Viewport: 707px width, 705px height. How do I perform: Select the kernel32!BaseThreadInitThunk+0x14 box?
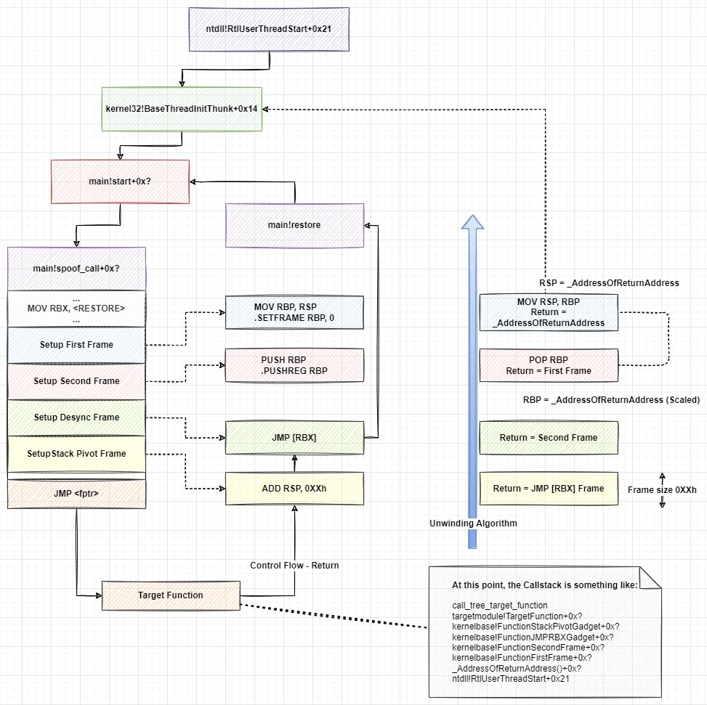[x=182, y=110]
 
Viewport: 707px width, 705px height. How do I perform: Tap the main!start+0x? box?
[x=120, y=182]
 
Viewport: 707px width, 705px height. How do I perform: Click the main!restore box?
[x=294, y=225]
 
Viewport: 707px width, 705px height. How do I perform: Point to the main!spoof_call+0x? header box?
[x=76, y=269]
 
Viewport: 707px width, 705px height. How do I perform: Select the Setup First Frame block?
[x=76, y=345]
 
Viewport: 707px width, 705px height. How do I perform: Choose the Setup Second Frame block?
[x=76, y=381]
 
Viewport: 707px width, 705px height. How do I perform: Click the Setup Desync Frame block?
[x=76, y=417]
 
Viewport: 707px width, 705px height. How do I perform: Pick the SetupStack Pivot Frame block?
[x=76, y=454]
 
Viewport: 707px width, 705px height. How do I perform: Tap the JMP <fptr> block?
[x=76, y=494]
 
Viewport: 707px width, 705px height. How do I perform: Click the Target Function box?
[x=170, y=595]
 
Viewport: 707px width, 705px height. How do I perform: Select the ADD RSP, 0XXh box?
[x=294, y=488]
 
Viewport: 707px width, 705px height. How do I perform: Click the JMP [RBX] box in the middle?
[x=294, y=438]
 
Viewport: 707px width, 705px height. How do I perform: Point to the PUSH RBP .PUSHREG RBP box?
[x=294, y=365]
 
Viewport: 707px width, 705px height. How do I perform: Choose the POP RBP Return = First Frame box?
[x=548, y=365]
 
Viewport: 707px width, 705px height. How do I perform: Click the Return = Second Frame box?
[x=548, y=438]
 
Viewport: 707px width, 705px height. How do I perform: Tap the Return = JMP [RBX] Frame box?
[x=548, y=489]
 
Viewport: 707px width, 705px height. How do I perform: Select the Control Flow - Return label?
[x=294, y=566]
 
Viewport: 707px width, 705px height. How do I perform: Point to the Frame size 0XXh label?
[x=662, y=490]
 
